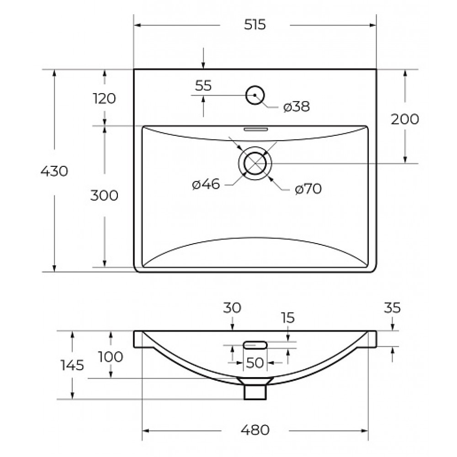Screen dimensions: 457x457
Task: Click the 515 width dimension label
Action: [x=255, y=25]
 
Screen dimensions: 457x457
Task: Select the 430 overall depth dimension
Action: [x=54, y=171]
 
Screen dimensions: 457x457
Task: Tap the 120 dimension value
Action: [x=104, y=98]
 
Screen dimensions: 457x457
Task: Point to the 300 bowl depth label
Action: [x=104, y=195]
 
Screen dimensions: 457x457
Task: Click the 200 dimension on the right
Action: [x=404, y=119]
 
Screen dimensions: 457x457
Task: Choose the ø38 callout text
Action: [x=297, y=106]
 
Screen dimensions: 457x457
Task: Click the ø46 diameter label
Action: [x=206, y=184]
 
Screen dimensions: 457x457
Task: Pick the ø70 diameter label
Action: [x=308, y=189]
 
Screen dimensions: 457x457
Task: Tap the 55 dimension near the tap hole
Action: [x=203, y=86]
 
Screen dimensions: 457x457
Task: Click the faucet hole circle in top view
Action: [x=255, y=86]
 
